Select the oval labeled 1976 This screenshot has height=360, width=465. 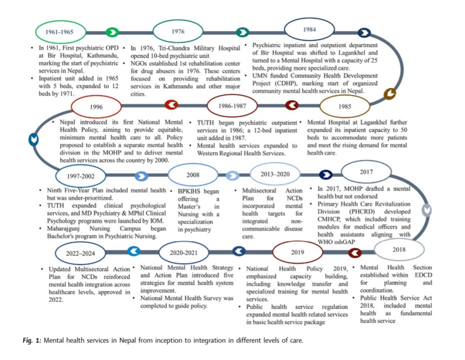[x=178, y=31]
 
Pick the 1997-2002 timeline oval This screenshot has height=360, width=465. [x=80, y=175]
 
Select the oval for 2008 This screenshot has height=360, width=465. [x=192, y=175]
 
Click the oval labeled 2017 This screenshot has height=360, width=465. [x=366, y=172]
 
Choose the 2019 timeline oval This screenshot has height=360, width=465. [x=297, y=251]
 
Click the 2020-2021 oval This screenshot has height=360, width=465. [x=184, y=252]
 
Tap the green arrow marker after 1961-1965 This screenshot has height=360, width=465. [x=112, y=32]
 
